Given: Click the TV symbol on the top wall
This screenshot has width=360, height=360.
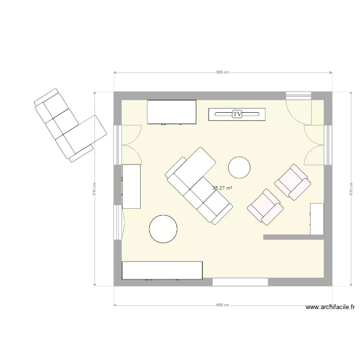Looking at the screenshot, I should tap(237, 114).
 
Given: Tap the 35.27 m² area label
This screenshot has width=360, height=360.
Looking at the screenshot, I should tap(222, 188).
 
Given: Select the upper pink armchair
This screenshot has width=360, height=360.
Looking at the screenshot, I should tap(292, 182).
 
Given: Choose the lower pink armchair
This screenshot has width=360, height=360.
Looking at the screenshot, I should tap(264, 206).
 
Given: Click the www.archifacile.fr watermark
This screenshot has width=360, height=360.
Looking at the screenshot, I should tap(331, 308).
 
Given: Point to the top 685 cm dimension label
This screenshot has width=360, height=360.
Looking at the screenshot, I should tap(223, 72).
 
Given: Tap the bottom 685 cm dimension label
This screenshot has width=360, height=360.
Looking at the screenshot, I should tap(223, 305).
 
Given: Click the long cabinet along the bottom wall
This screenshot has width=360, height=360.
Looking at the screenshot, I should tap(162, 270).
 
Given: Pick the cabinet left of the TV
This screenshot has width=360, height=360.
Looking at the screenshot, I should tap(171, 112).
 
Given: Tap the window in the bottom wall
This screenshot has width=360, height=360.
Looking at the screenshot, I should tap(240, 282).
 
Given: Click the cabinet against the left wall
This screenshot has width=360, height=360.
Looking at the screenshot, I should tap(131, 186).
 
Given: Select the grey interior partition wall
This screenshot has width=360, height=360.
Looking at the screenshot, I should tap(293, 237).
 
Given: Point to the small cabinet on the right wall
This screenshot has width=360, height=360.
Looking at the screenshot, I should tap(317, 219).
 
